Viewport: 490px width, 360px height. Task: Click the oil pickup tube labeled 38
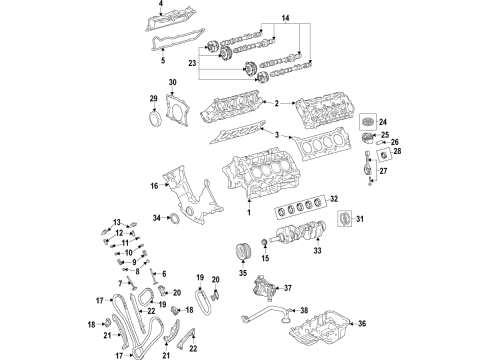[x=270, y=317]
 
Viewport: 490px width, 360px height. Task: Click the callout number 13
[x=116, y=222]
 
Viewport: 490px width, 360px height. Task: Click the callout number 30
[x=171, y=81]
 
